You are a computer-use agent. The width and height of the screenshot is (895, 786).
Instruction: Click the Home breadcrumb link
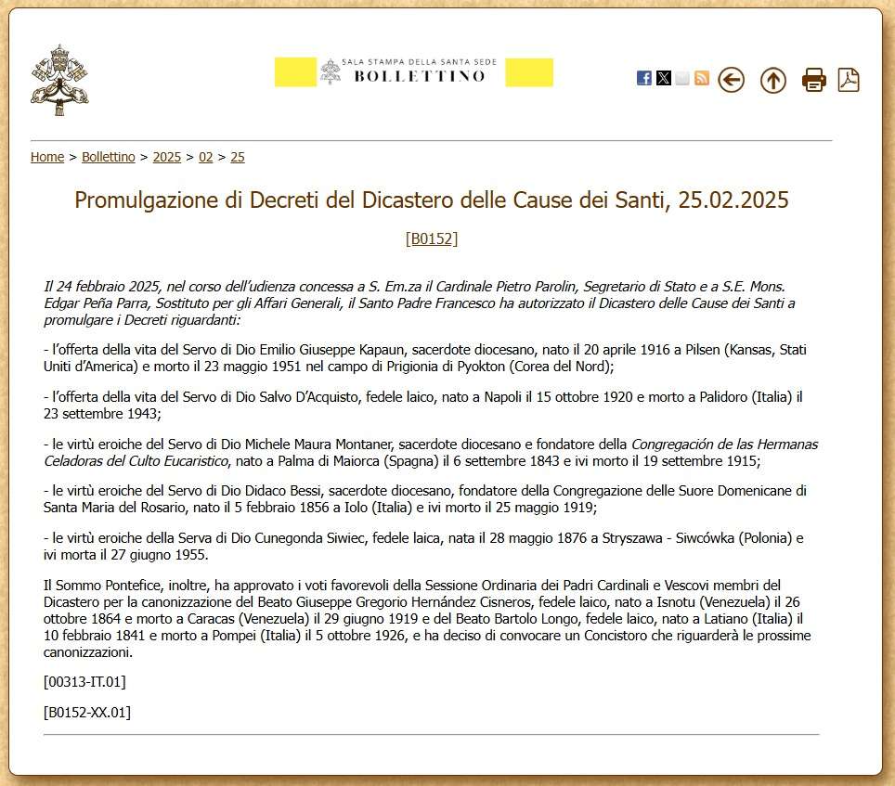point(47,157)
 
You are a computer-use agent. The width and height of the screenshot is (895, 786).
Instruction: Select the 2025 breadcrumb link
point(167,157)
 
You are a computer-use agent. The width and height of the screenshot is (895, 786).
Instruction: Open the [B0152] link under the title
point(432,238)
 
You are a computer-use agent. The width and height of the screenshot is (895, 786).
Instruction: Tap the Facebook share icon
point(643,78)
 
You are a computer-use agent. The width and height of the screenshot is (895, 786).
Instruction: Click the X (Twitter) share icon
point(663,78)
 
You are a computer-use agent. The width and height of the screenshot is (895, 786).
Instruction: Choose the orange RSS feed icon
point(702,78)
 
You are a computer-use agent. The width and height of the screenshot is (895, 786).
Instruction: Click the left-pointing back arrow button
point(732,80)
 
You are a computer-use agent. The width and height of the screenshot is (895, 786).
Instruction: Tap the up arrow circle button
point(772,80)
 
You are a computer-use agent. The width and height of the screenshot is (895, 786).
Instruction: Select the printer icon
point(814,80)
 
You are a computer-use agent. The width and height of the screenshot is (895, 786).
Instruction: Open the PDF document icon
point(849,80)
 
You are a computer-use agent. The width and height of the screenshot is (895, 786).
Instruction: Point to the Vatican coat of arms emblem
point(59,80)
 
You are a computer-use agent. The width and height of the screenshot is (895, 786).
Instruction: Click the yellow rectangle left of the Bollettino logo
point(295,72)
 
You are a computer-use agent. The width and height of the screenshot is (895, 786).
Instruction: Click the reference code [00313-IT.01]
point(84,682)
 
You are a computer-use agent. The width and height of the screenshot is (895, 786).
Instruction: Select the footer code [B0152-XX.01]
point(86,713)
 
